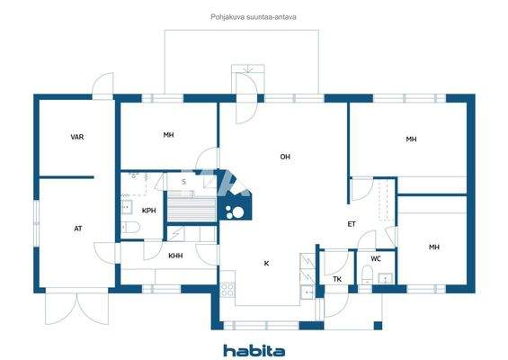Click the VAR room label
(x=77, y=138)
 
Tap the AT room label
(x=78, y=229)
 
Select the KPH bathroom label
(x=149, y=211)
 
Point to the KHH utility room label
(x=175, y=255)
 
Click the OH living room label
(x=285, y=157)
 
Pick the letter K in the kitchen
(x=266, y=264)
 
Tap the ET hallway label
(x=352, y=224)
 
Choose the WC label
(x=376, y=259)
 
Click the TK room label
(x=337, y=279)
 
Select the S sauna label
(x=183, y=182)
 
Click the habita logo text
(x=254, y=349)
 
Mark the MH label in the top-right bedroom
(x=411, y=139)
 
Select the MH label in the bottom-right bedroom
(x=434, y=247)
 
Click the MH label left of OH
(x=168, y=135)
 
